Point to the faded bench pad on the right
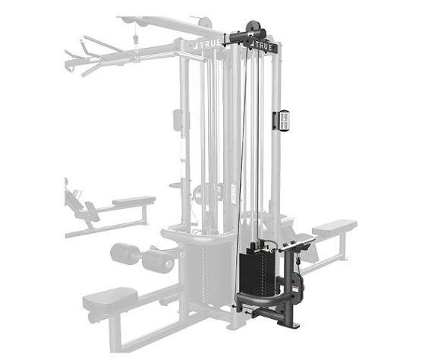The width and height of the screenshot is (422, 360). [x=335, y=226]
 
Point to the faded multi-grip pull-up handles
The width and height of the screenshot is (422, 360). [x=91, y=58]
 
